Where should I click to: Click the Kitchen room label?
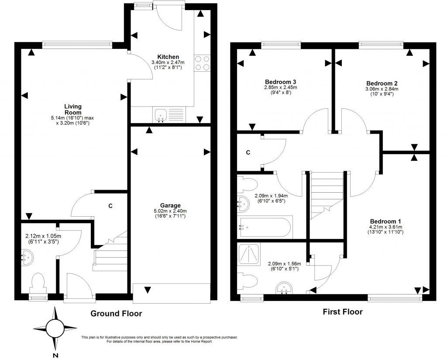tap(168, 57)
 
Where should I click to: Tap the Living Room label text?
tap(73, 109)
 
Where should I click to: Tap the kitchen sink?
tap(161, 115)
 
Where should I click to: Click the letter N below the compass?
tap(55, 355)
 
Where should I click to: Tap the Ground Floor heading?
tap(116, 313)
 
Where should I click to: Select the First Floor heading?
tap(343, 312)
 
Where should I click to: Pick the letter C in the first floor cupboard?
tap(248, 152)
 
